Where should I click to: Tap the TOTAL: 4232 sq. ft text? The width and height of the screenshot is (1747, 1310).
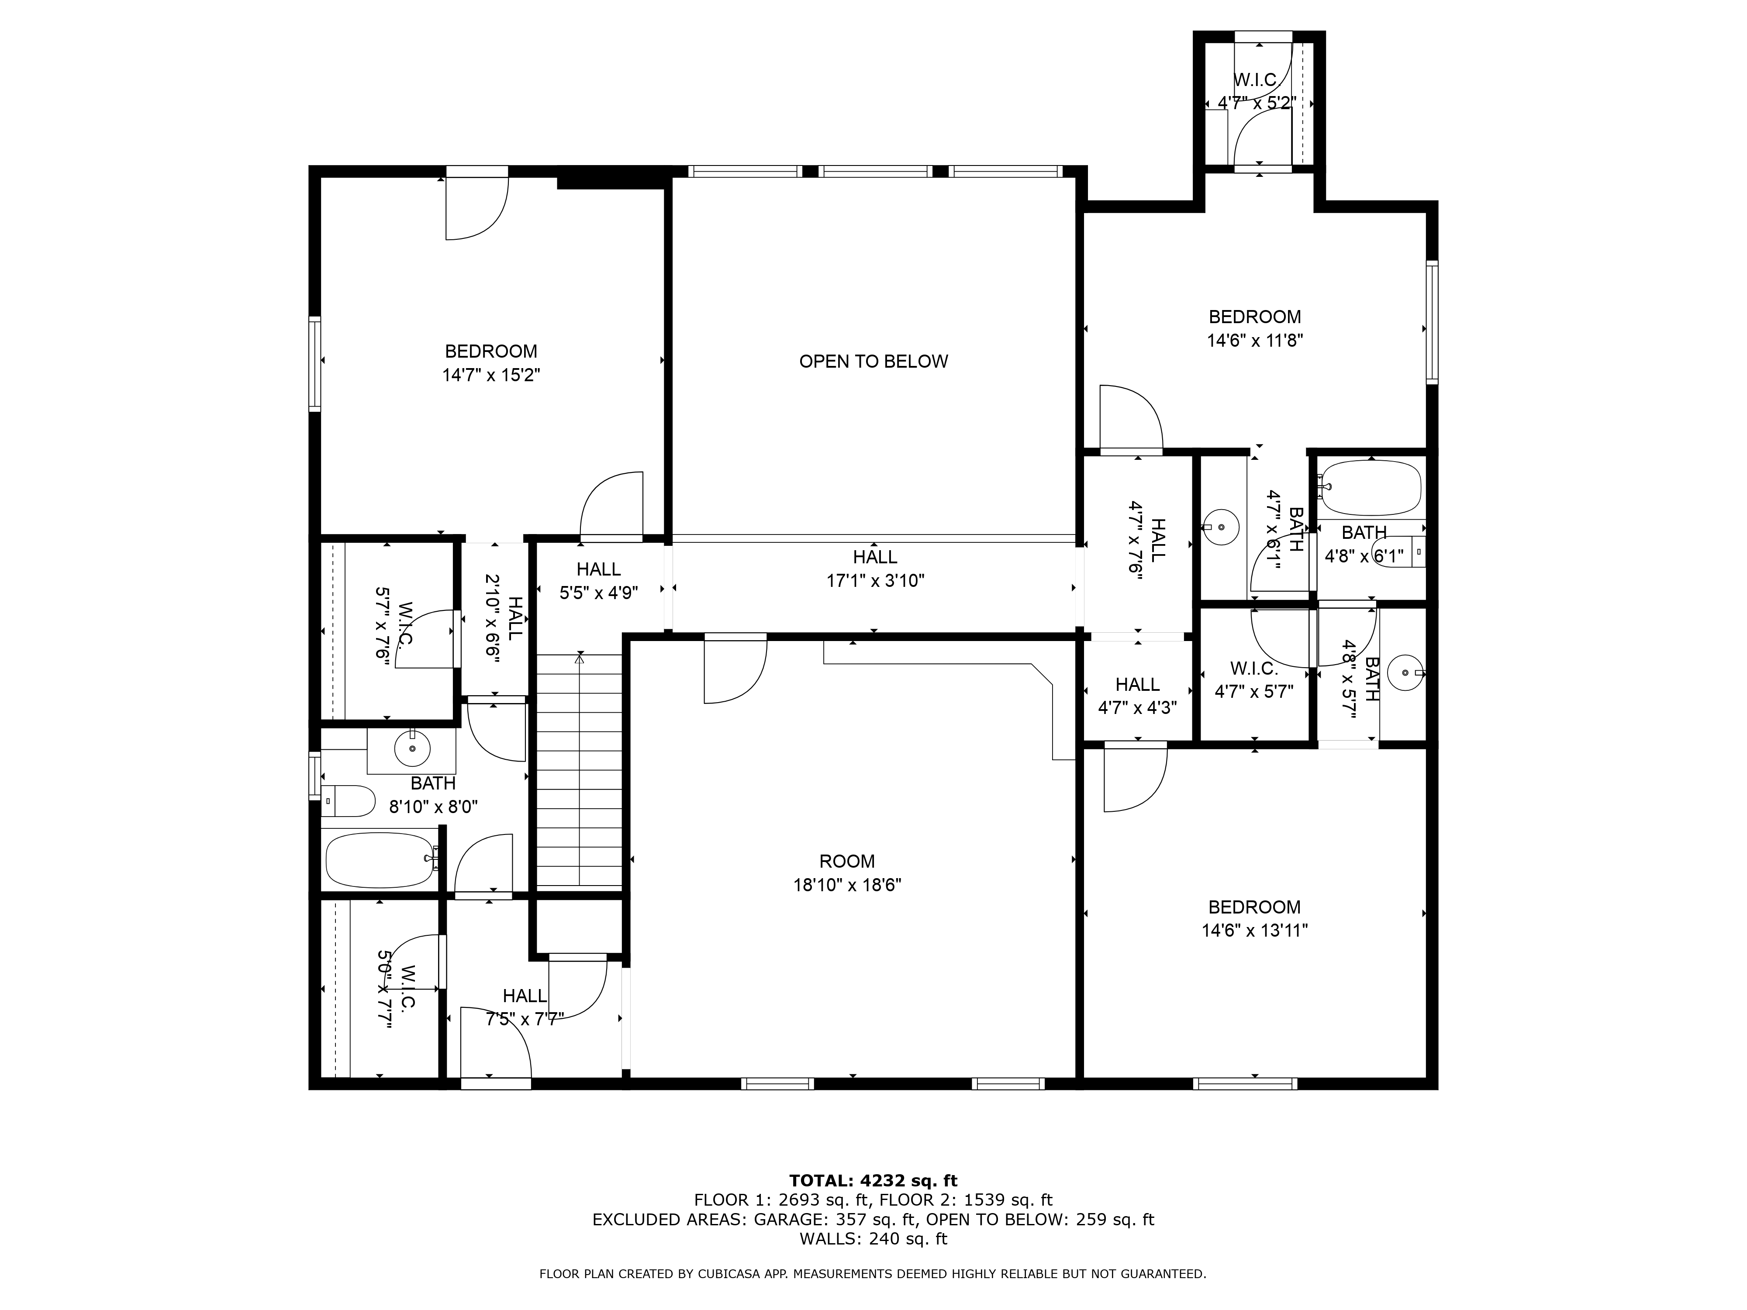[x=873, y=1180]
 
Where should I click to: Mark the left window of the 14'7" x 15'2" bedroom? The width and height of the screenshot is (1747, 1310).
[x=315, y=364]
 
